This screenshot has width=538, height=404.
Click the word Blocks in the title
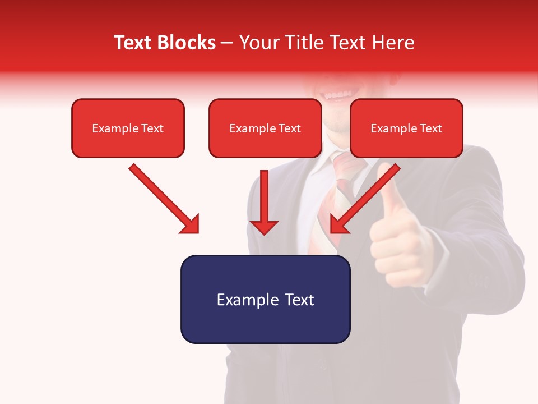click(x=187, y=43)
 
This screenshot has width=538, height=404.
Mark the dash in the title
click(x=227, y=43)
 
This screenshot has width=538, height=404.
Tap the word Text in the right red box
click(x=430, y=128)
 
